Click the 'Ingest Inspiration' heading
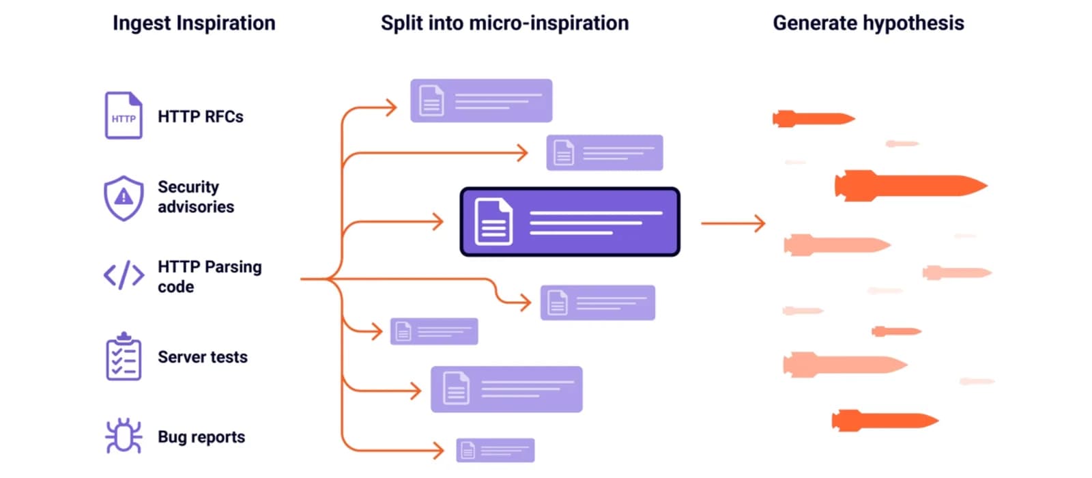click(x=194, y=23)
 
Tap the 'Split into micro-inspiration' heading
click(x=504, y=23)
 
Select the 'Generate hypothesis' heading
click(x=868, y=23)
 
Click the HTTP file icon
click(x=124, y=115)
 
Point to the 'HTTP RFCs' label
click(x=201, y=117)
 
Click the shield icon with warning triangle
click(x=124, y=198)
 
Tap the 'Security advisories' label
click(x=196, y=197)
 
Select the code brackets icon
click(x=124, y=275)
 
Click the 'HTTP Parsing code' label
click(x=210, y=277)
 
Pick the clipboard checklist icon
click(x=124, y=356)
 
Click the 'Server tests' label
click(x=202, y=357)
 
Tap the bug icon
click(x=124, y=436)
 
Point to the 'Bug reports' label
click(x=201, y=437)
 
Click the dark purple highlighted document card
click(x=570, y=222)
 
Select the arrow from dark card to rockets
click(x=733, y=223)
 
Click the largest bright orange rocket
click(x=910, y=185)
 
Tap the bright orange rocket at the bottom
click(x=885, y=421)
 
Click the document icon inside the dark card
click(x=493, y=221)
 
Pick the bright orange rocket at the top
click(x=814, y=119)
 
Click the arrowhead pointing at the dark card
click(x=438, y=222)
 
